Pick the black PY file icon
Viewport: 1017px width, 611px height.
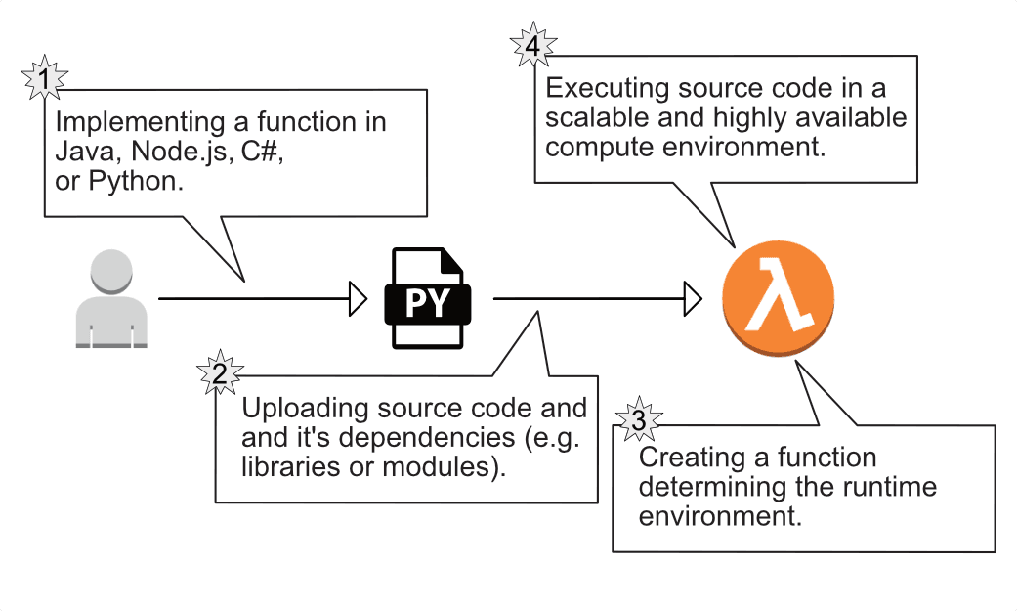pos(428,298)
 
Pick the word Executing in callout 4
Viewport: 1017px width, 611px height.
pos(602,89)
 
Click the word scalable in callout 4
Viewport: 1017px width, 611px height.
pos(588,119)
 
